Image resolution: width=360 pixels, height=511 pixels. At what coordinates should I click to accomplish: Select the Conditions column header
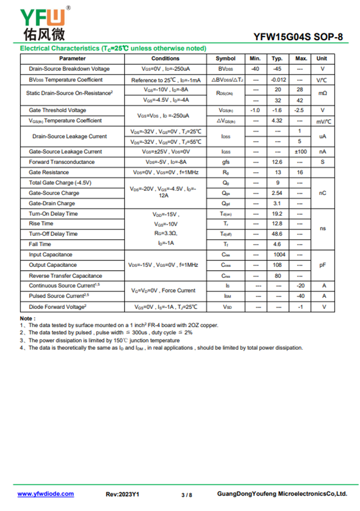pyautogui.click(x=165, y=59)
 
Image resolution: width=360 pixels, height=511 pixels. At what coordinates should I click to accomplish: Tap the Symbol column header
pyautogui.click(x=225, y=59)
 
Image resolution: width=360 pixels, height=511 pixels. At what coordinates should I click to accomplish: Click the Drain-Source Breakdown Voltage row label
pyautogui.click(x=69, y=69)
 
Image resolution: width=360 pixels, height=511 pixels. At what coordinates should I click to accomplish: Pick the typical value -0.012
pyautogui.click(x=278, y=80)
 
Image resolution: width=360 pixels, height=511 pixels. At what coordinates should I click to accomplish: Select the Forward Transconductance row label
pyautogui.click(x=62, y=162)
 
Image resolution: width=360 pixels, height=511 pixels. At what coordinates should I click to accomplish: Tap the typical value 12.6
pyautogui.click(x=278, y=162)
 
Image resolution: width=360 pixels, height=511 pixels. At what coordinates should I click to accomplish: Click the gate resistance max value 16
pyautogui.click(x=300, y=172)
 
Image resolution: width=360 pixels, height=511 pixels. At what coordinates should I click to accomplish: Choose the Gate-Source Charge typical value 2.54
pyautogui.click(x=278, y=193)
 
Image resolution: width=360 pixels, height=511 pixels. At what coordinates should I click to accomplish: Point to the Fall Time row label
pyautogui.click(x=40, y=244)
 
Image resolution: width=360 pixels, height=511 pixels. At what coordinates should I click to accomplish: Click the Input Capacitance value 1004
pyautogui.click(x=279, y=254)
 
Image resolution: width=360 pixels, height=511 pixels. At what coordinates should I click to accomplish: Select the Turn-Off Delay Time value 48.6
pyautogui.click(x=278, y=234)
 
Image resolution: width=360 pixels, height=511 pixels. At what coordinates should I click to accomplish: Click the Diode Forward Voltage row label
pyautogui.click(x=58, y=307)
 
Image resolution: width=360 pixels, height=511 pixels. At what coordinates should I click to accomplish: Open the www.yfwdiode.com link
pyautogui.click(x=45, y=494)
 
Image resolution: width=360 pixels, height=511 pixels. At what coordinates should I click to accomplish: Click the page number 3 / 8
pyautogui.click(x=187, y=495)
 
